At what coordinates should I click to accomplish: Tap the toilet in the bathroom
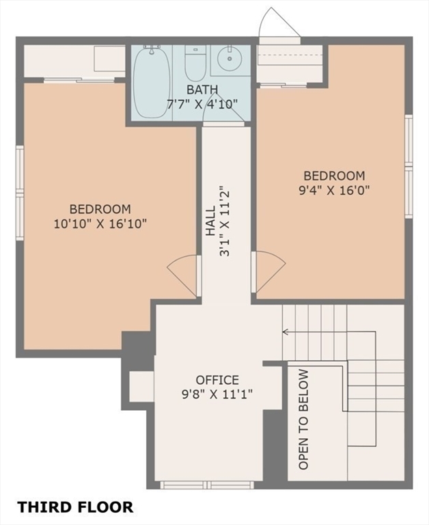195,63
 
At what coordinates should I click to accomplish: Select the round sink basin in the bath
230,59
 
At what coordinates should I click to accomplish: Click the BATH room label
202,90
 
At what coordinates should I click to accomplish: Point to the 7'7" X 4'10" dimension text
202,104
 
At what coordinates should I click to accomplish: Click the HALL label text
210,221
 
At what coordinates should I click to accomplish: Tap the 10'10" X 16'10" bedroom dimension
100,224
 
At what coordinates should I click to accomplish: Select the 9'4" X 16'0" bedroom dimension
334,190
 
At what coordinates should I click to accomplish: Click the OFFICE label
217,380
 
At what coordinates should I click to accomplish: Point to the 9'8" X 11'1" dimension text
217,394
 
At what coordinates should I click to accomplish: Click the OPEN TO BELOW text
303,419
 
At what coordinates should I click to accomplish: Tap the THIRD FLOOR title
75,507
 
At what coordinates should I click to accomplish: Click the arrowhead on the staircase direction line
286,332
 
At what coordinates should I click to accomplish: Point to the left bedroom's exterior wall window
20,193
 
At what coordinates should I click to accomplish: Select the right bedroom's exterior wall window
409,166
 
